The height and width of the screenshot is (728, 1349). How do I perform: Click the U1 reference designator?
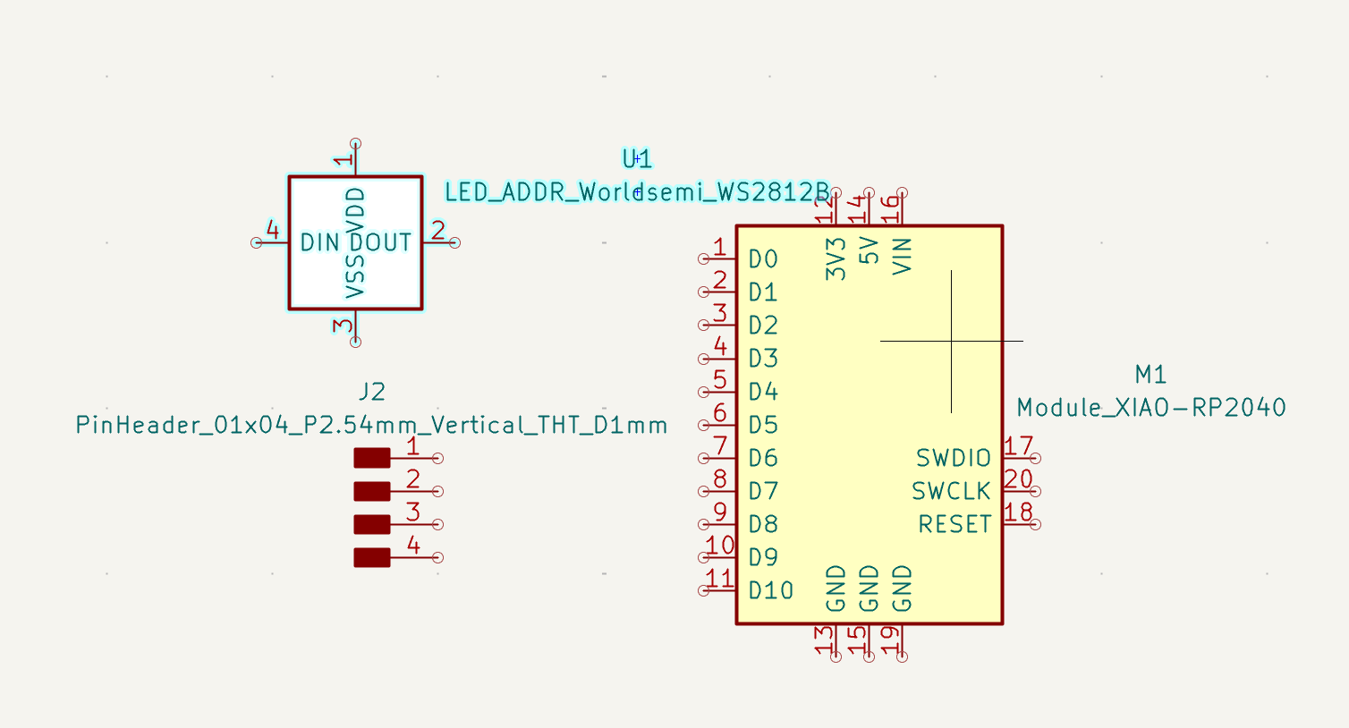pyautogui.click(x=637, y=159)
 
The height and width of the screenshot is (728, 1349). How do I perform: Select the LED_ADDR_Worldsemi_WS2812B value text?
pyautogui.click(x=637, y=192)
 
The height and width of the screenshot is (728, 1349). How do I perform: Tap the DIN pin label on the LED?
pyautogui.click(x=319, y=242)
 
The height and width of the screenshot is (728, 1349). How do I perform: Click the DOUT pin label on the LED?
pyautogui.click(x=381, y=242)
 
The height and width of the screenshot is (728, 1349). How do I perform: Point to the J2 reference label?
pyautogui.click(x=371, y=392)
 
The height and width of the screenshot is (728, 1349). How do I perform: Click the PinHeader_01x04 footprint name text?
pyautogui.click(x=371, y=425)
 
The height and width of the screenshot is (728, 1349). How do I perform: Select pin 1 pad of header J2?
pyautogui.click(x=372, y=458)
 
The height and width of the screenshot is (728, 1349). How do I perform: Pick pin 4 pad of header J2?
pyautogui.click(x=372, y=557)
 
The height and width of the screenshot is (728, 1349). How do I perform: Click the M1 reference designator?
pyautogui.click(x=1150, y=375)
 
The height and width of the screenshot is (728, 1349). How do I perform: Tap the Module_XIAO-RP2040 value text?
pyautogui.click(x=1150, y=408)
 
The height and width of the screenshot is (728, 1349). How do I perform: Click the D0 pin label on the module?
pyautogui.click(x=763, y=259)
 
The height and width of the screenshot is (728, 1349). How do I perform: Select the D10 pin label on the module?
pyautogui.click(x=770, y=590)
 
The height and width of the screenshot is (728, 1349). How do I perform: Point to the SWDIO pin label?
pyautogui.click(x=953, y=458)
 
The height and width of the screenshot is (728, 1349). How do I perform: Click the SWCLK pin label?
pyautogui.click(x=951, y=491)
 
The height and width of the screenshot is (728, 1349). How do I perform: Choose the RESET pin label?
pyautogui.click(x=954, y=524)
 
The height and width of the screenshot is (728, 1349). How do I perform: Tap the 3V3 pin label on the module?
pyautogui.click(x=836, y=258)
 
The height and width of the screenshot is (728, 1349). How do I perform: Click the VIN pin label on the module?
pyautogui.click(x=902, y=256)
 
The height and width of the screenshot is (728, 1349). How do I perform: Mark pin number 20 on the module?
pyautogui.click(x=1018, y=479)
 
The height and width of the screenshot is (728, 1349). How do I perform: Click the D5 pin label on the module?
pyautogui.click(x=763, y=425)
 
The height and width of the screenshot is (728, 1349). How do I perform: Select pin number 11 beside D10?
pyautogui.click(x=719, y=578)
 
